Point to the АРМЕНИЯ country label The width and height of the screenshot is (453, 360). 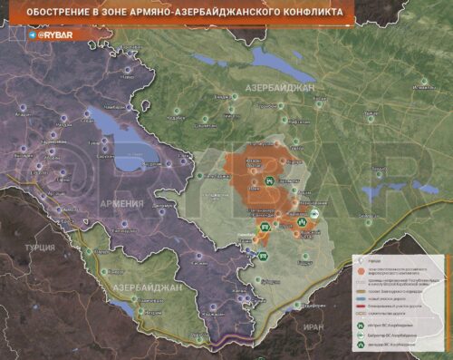(x=121, y=203)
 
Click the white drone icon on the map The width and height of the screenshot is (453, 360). (x=314, y=214)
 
